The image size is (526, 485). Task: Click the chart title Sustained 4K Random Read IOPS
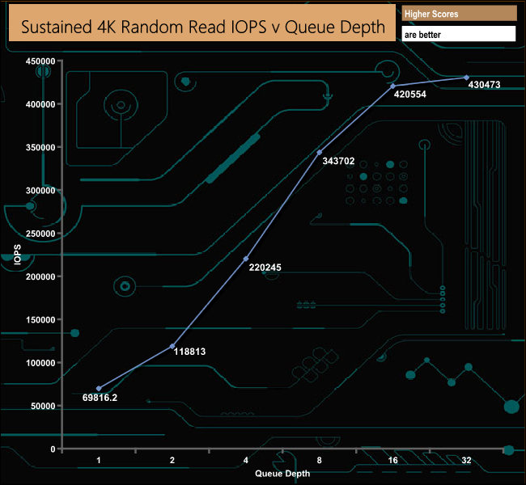coord(202,27)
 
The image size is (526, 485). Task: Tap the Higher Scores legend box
coord(458,14)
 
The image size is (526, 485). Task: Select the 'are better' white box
coord(458,35)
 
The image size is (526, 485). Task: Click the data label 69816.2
coord(100,398)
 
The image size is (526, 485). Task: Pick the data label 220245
coord(264,268)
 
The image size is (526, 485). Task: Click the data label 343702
coord(338,161)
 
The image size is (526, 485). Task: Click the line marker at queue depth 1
coord(99,389)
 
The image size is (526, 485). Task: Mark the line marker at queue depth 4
coord(246,259)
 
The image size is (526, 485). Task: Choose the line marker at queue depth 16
coord(393,86)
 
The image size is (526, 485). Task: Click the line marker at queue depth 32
coord(467,78)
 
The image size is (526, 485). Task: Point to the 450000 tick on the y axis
coord(40,61)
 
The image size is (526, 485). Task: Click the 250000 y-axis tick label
coord(40,234)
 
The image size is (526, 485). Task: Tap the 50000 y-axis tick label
coord(42,406)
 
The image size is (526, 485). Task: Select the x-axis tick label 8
coord(320,461)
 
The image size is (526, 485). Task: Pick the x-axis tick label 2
coord(172,461)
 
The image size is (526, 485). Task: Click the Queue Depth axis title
coord(282,472)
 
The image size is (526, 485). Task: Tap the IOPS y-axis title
coord(17,255)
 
